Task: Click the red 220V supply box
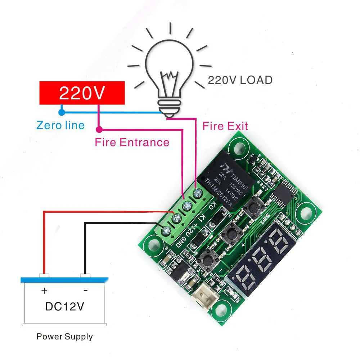point(82,93)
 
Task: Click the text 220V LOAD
point(240,80)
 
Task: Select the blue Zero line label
point(60,125)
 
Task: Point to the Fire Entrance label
point(132,142)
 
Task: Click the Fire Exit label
point(225,126)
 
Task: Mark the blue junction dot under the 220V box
point(62,112)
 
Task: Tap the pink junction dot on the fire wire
point(99,129)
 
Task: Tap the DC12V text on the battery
point(64,306)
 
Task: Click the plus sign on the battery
point(44,290)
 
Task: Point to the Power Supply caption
point(64,337)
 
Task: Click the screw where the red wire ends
point(176,218)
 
